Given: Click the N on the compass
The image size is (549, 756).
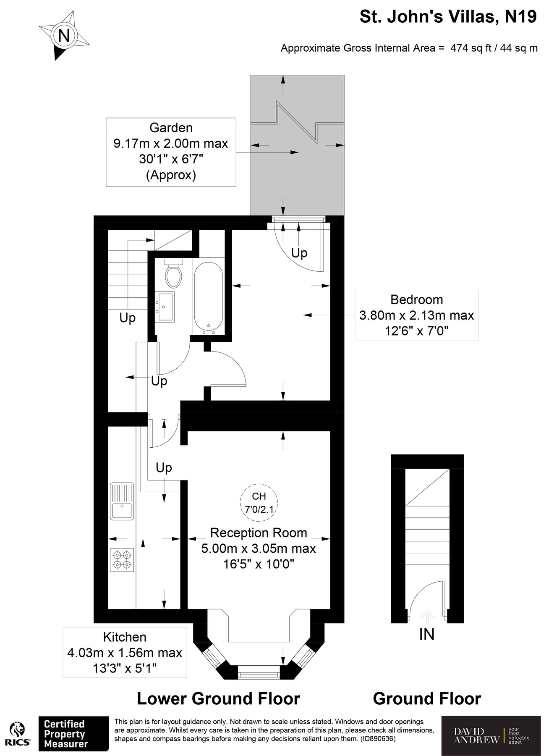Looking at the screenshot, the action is [64, 35].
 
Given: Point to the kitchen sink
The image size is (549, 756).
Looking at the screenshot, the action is [121, 501].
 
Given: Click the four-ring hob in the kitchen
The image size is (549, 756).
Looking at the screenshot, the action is [122, 560].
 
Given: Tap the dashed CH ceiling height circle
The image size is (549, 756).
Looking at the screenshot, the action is [259, 502].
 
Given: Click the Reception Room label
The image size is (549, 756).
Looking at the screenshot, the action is [259, 533].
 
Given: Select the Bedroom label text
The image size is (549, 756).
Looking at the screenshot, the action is [417, 299].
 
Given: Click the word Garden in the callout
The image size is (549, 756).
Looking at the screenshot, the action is [171, 128].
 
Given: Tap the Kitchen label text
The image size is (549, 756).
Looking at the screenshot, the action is [125, 637].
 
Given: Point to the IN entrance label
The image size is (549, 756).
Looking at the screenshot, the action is [427, 634].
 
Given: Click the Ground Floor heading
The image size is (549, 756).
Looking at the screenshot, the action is [427, 698].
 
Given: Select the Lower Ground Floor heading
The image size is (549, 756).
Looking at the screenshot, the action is [219, 698].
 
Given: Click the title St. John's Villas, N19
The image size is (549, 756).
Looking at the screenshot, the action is [448, 17].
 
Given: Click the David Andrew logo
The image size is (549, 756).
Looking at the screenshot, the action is [491, 735].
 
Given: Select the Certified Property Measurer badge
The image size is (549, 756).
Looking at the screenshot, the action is [73, 733].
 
